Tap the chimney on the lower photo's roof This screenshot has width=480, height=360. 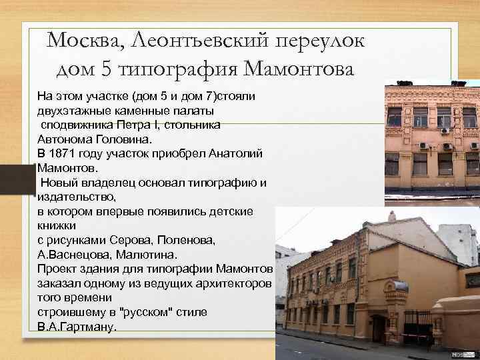[392, 216]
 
